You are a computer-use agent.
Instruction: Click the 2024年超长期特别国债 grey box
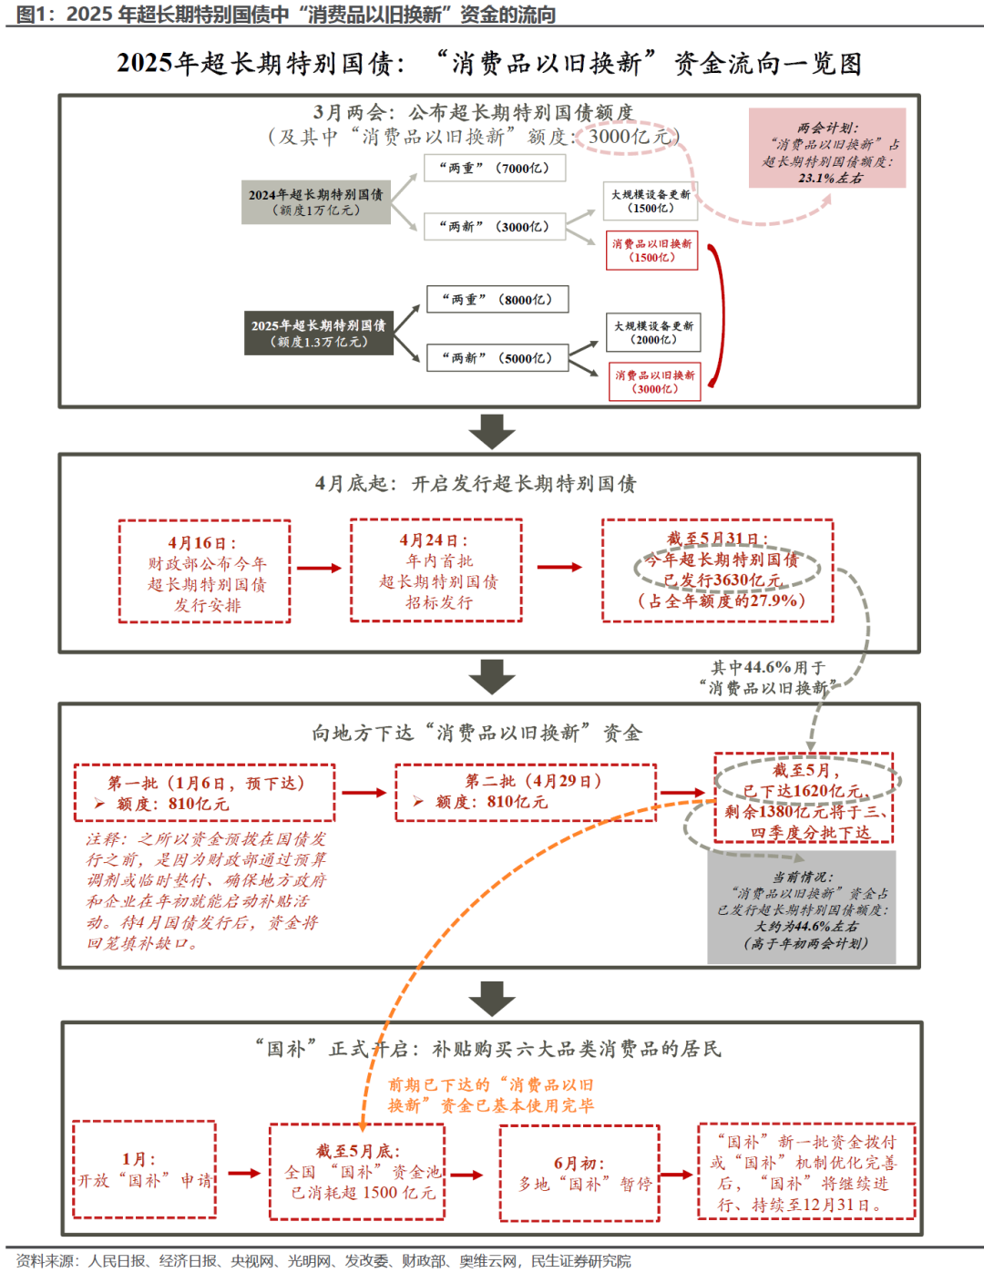pos(315,202)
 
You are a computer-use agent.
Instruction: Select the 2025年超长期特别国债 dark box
pos(319,334)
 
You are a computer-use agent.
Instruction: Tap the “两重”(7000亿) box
pos(495,169)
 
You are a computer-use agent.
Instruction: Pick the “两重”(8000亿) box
pos(497,300)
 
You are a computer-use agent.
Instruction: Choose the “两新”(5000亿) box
pos(497,358)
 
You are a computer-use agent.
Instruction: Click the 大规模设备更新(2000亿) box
pos(653,333)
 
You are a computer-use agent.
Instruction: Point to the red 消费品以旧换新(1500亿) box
pos(652,251)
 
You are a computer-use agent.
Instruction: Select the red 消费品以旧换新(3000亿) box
pos(655,382)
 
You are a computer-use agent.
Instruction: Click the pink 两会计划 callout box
pos(827,148)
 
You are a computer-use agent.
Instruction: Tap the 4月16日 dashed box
pos(204,571)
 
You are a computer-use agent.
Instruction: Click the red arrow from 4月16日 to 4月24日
pos(319,568)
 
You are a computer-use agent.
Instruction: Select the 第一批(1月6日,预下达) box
pos(204,793)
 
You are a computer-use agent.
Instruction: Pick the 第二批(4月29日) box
pos(526,792)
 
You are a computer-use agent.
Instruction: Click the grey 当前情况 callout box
pos(802,908)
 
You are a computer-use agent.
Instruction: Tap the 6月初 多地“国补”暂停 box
pos(579,1174)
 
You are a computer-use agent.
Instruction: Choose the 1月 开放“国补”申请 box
pos(144,1169)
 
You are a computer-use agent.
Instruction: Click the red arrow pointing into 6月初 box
pos(466,1175)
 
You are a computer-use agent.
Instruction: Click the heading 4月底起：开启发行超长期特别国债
pos(476,484)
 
